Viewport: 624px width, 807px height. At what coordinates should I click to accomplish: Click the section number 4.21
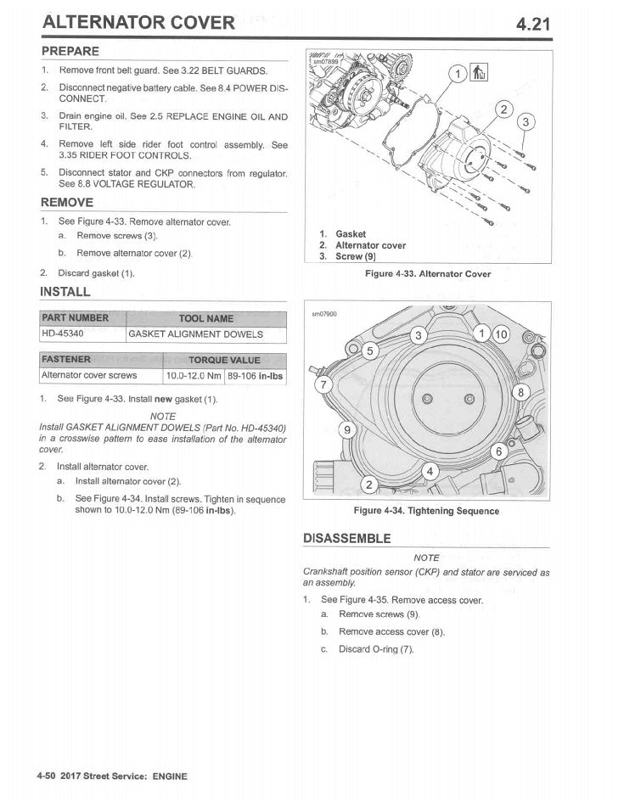(x=533, y=22)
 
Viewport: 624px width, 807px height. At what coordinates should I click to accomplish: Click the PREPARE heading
(x=70, y=52)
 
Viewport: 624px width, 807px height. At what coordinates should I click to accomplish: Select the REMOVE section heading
(x=67, y=202)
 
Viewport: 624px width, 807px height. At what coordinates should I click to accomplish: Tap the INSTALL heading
(x=65, y=292)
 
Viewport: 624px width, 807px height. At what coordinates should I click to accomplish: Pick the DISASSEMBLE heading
(x=347, y=538)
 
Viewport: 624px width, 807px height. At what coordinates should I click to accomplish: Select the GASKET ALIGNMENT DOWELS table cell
(x=195, y=334)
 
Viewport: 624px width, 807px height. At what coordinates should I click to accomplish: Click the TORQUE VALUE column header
(x=224, y=360)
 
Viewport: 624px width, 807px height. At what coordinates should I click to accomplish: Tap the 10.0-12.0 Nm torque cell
(x=194, y=375)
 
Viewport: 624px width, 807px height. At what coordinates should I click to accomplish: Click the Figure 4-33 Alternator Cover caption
(x=428, y=274)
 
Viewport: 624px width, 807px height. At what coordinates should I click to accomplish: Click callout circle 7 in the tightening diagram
(x=323, y=384)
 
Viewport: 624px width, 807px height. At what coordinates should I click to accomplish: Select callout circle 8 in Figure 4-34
(x=523, y=392)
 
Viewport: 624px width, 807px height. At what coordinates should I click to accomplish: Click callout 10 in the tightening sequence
(x=501, y=334)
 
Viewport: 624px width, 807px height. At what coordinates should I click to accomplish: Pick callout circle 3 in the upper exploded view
(x=526, y=122)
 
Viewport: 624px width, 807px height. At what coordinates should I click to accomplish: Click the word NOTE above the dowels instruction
(x=163, y=416)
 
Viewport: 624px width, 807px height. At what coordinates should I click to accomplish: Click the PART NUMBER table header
(x=76, y=318)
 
